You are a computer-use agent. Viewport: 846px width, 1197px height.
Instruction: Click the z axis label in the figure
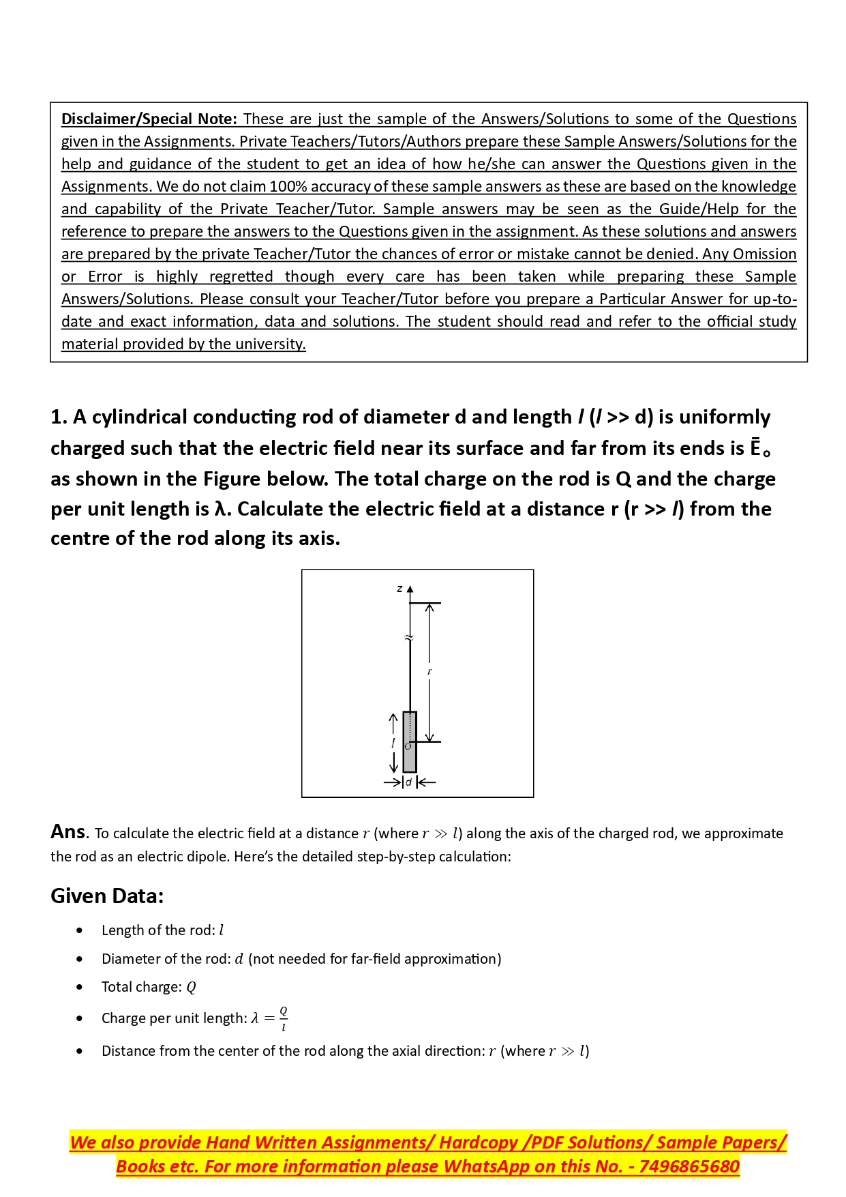tap(399, 589)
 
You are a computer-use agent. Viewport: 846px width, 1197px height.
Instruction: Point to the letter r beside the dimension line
tap(429, 672)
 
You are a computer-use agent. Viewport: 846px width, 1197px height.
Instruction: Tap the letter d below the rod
tap(409, 782)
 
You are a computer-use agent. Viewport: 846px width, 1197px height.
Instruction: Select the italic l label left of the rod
tap(393, 743)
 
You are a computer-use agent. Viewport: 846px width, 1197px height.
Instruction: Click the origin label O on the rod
tap(408, 746)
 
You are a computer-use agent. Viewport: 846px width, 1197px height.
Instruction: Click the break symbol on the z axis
tap(409, 638)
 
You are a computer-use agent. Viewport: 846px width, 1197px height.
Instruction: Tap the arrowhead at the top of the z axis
tap(410, 589)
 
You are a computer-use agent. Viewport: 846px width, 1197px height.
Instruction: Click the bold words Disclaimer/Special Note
tap(149, 119)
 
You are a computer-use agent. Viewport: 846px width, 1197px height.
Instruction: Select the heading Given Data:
tap(107, 896)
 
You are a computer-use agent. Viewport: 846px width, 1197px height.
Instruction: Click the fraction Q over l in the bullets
tap(284, 1018)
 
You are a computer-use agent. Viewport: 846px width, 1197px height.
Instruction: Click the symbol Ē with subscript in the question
tap(758, 448)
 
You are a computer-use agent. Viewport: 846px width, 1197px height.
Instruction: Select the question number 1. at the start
tap(59, 417)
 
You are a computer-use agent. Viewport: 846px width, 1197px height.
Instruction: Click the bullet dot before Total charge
tap(80, 987)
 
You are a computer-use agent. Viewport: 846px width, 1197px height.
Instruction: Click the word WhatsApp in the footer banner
tap(486, 1166)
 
